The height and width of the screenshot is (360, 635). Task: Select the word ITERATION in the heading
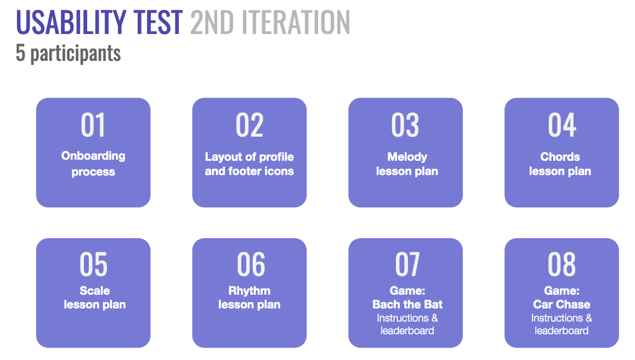[296, 22]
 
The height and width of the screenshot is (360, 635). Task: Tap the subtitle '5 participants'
[68, 54]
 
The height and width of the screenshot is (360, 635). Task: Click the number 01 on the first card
[93, 125]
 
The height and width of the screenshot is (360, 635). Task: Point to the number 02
[250, 125]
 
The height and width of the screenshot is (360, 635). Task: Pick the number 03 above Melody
[405, 125]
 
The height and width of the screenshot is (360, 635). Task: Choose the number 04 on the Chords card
[562, 125]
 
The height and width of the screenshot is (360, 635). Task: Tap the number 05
[94, 265]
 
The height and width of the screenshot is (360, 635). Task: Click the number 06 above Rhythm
[251, 265]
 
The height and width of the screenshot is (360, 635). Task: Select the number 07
[407, 265]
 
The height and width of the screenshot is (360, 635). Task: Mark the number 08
[562, 265]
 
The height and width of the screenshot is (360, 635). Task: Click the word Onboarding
[93, 156]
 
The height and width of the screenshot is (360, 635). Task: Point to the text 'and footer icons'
[250, 171]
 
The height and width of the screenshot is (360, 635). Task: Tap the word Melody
[407, 157]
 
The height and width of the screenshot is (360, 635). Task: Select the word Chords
[560, 156]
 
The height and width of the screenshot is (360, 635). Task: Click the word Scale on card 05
[95, 291]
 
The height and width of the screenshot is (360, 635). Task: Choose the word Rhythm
[250, 291]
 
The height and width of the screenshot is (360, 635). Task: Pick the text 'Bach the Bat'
[407, 305]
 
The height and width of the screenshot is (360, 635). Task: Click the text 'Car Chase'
[562, 305]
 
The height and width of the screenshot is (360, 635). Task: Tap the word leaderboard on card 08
[562, 331]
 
